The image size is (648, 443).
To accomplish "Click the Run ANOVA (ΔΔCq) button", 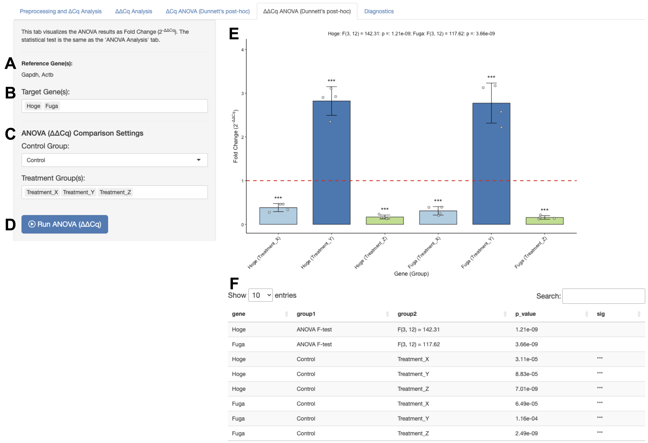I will [x=65, y=224].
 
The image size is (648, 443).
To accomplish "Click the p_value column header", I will [x=525, y=314].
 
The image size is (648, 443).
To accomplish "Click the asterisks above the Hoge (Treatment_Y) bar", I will [x=331, y=81].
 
